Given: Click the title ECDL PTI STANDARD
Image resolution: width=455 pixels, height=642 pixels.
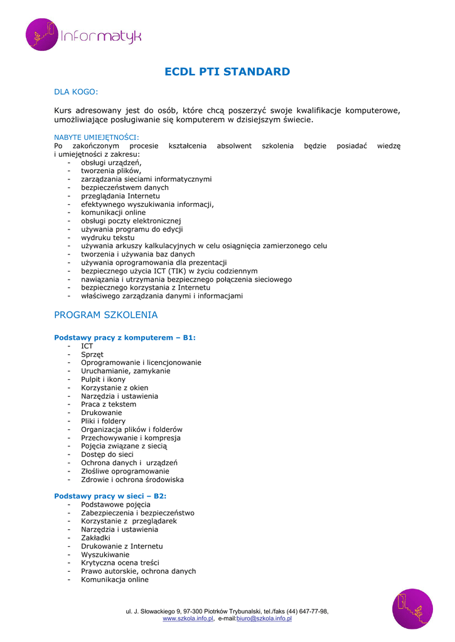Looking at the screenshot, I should tap(227, 71).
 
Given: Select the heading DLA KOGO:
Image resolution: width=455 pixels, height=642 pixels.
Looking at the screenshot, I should tap(76, 92).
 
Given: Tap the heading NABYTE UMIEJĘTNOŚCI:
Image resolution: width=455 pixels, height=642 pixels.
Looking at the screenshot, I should tap(97, 137).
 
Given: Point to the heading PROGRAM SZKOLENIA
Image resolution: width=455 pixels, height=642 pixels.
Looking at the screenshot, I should tap(106, 315).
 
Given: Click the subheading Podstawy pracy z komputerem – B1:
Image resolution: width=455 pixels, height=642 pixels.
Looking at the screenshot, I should tap(125, 337).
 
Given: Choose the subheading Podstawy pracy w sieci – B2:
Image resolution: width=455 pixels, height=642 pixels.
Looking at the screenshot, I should tap(110, 496).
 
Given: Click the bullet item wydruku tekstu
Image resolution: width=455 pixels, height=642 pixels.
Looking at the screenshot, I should tap(107, 238).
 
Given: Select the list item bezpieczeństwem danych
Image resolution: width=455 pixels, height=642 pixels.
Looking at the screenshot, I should tap(124, 187).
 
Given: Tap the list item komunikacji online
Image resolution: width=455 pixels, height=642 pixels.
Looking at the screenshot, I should tap(113, 213).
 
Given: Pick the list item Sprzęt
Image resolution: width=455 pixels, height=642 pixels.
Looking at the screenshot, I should tap(92, 354).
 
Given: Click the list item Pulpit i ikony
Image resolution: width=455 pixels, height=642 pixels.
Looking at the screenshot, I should tap(103, 379).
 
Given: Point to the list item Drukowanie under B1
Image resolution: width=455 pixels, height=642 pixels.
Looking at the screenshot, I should tap(101, 413).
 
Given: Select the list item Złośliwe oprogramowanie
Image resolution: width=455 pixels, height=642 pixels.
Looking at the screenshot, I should tap(125, 471).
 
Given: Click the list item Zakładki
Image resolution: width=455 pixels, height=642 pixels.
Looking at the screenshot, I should tap(95, 538).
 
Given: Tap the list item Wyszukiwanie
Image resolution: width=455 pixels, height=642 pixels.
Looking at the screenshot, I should tap(105, 554).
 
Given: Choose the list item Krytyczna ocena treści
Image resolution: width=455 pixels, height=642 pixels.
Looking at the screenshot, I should tap(120, 563).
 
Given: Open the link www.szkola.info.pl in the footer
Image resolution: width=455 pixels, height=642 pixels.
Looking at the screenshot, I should tap(188, 619).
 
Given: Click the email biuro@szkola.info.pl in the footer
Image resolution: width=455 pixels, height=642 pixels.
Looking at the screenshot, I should tap(264, 619).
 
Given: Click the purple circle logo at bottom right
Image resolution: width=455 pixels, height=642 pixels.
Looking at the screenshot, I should tap(412, 609).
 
